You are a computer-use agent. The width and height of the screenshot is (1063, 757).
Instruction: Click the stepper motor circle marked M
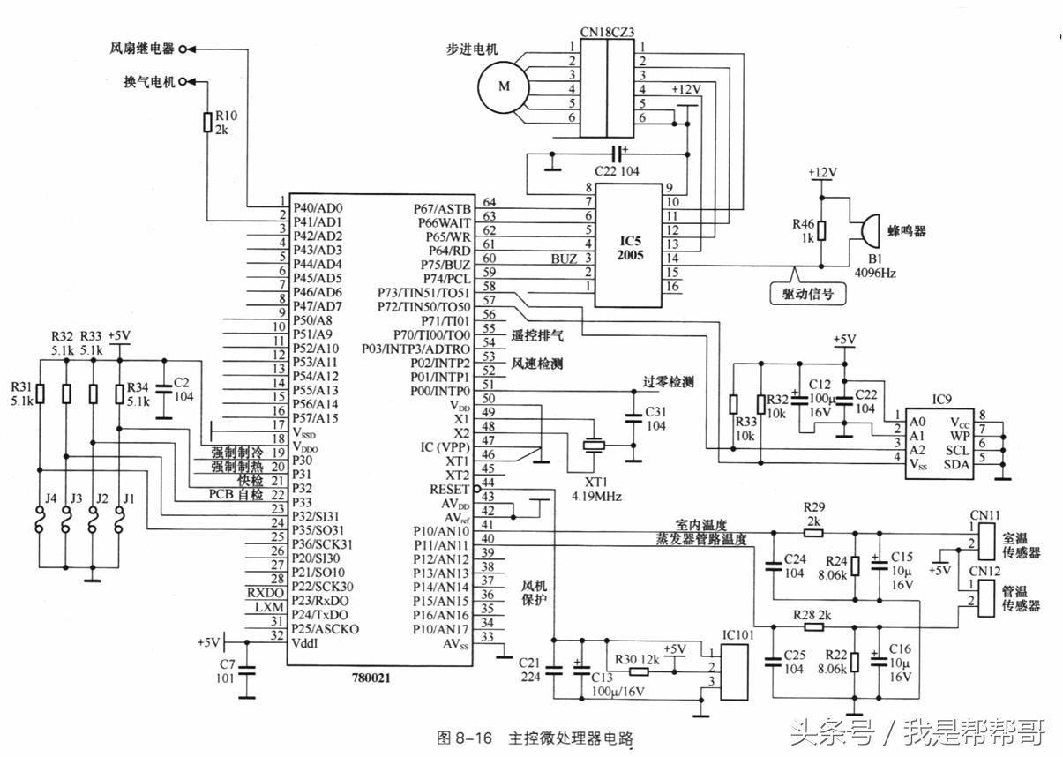[x=504, y=87]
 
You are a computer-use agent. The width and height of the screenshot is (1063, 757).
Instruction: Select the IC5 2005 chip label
[x=630, y=247]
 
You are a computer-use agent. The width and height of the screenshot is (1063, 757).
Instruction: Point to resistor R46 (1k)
[x=821, y=230]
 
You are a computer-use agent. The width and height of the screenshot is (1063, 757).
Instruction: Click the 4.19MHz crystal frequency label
[x=597, y=498]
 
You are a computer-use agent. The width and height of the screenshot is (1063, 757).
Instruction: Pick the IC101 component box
[x=734, y=671]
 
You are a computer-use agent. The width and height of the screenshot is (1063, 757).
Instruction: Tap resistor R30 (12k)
[x=639, y=671]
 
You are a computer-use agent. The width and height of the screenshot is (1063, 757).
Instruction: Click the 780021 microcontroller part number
[x=369, y=678]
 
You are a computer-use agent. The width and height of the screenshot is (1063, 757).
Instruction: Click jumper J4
[x=41, y=528]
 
